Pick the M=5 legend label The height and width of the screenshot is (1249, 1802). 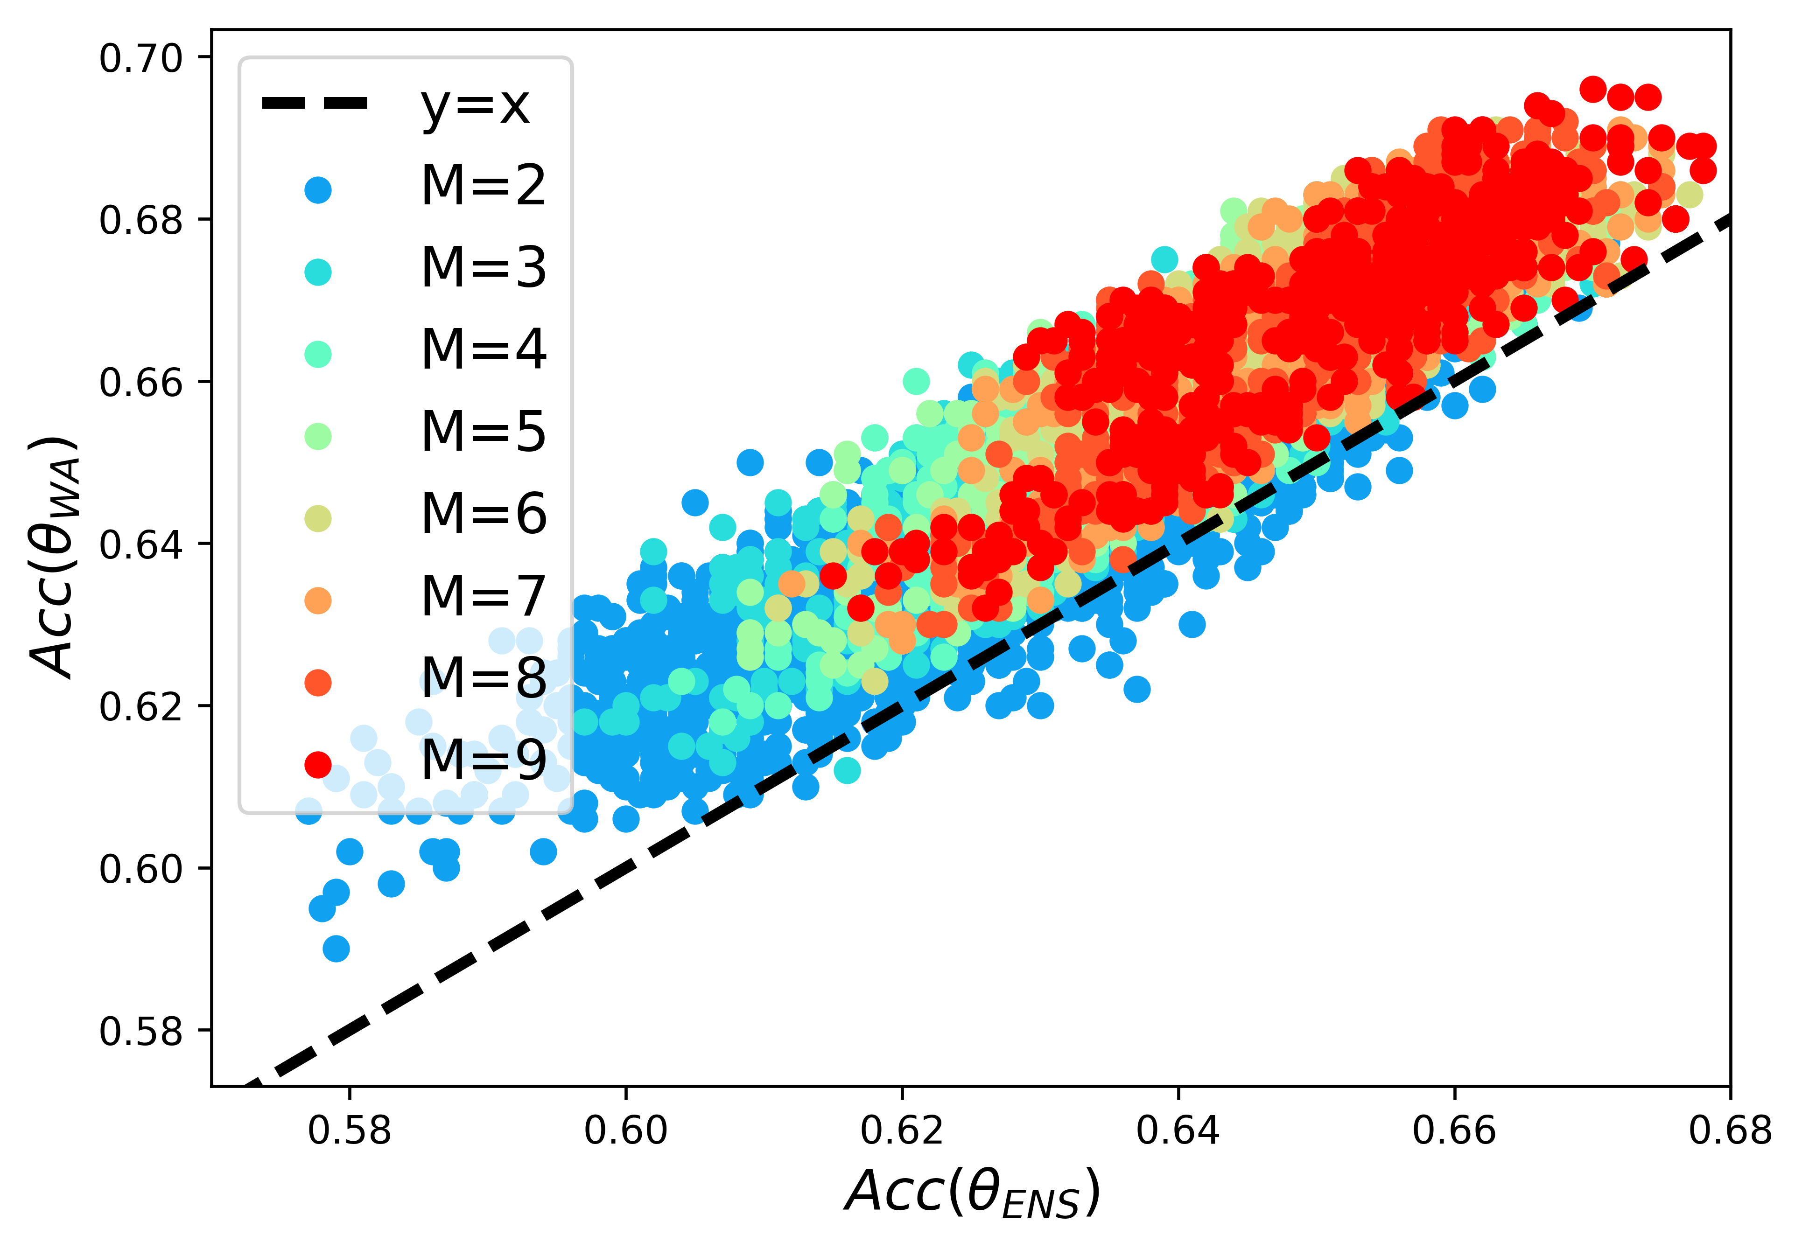coord(483,433)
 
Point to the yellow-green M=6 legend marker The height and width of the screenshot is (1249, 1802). coord(318,518)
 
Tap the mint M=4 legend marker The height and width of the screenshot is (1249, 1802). coord(318,355)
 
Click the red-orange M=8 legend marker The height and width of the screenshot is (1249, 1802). coord(318,683)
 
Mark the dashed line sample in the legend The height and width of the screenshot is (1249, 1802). coord(314,103)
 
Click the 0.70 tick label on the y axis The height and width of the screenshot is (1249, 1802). coord(141,59)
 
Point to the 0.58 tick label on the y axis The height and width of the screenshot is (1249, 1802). coord(141,1032)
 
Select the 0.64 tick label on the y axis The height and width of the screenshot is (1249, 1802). coord(141,545)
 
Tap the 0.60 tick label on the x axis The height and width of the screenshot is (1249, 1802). coord(625,1131)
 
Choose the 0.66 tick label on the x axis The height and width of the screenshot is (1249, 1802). coord(1454,1131)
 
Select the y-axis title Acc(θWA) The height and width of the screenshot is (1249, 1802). coord(55,557)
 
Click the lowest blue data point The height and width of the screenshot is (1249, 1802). coord(336,949)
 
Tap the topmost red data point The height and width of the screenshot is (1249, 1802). coord(1593,89)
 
